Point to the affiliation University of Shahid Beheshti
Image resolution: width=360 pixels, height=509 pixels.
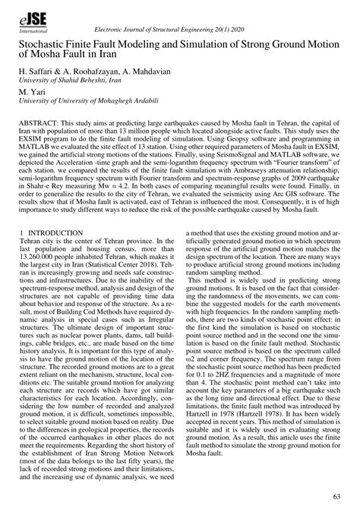click(72, 80)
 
